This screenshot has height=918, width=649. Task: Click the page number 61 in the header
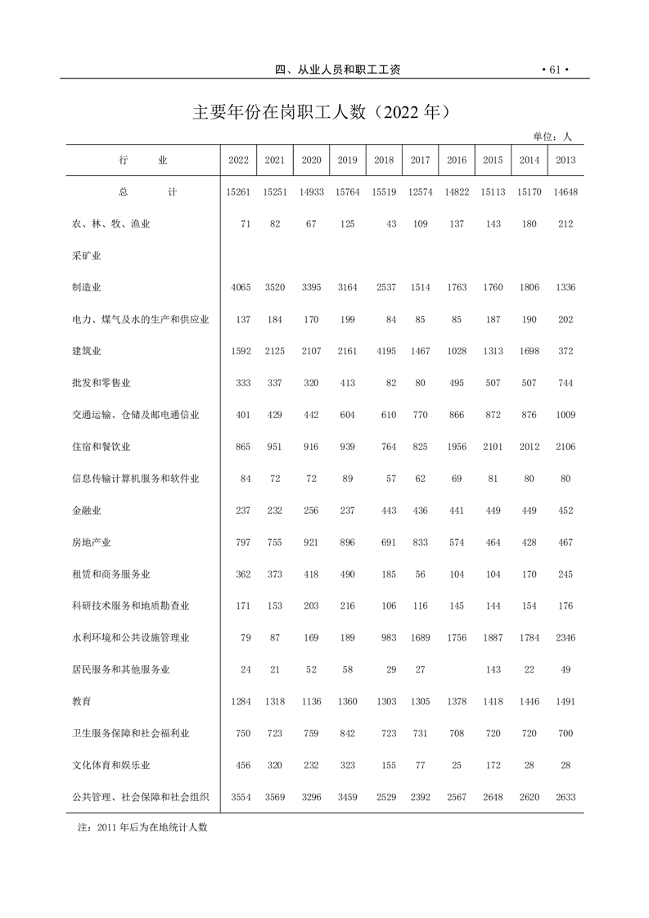[554, 70]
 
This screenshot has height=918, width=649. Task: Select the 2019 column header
[348, 160]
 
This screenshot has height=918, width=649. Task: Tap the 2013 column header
[566, 160]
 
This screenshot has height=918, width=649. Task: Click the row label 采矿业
[86, 255]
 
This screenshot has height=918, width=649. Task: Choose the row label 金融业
[86, 510]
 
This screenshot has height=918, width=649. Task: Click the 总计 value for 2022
[238, 192]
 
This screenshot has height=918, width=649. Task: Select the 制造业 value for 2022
[238, 287]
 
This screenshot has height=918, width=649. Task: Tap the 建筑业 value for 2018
[384, 351]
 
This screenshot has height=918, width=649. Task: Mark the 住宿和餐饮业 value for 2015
[493, 447]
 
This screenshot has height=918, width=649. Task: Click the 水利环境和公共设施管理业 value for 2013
[566, 637]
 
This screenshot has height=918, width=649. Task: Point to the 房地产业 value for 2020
[312, 542]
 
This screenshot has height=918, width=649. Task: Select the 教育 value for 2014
[530, 701]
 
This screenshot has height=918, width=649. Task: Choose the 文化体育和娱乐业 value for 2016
[457, 765]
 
